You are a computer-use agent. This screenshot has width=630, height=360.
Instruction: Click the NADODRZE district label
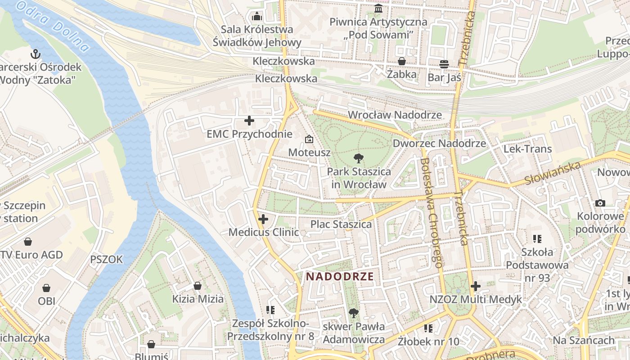coord(340,276)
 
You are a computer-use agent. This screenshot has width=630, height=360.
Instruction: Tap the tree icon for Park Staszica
coord(358,158)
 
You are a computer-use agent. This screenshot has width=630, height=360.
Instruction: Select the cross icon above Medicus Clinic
coord(263,219)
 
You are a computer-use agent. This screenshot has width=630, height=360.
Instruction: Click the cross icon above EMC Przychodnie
coord(249,121)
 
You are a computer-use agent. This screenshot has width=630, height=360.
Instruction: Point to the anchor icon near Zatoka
coord(36,54)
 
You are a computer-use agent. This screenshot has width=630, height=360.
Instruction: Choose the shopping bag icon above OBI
coord(46,288)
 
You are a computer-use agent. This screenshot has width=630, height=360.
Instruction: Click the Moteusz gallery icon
coord(309,139)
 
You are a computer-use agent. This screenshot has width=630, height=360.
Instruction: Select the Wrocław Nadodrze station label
coord(395,115)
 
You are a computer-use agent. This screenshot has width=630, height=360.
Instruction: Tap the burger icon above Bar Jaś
coord(444,64)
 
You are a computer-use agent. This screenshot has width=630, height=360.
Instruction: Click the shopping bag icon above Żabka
coord(401,61)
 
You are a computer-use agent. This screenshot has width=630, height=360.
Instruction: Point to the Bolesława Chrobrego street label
coord(432,212)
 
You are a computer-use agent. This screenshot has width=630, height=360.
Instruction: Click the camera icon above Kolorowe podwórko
coord(600,203)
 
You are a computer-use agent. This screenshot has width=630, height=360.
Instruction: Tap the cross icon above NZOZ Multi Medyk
coord(476,286)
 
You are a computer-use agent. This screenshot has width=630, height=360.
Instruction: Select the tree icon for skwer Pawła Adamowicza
coord(354,313)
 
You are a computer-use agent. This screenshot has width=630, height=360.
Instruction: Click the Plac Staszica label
coord(341,224)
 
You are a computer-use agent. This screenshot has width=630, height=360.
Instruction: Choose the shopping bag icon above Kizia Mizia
coord(198,286)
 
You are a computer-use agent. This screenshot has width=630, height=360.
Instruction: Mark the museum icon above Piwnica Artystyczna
coord(378,9)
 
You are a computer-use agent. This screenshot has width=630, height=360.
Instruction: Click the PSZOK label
coord(106,260)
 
